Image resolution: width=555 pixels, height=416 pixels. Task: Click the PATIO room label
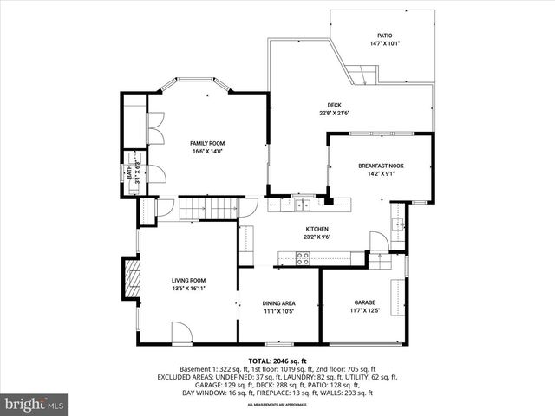[x=384, y=36]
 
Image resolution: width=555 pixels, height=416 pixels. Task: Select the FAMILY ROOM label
[x=207, y=143]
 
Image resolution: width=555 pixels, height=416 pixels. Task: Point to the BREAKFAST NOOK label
[x=382, y=166]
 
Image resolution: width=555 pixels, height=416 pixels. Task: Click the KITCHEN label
[x=291, y=229]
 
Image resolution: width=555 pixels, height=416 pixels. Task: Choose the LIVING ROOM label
[x=188, y=280]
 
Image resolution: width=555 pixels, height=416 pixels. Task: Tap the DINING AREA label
[x=278, y=302]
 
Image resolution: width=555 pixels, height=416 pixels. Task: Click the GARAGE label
[x=363, y=302]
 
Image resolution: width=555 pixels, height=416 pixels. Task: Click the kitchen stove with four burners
[x=303, y=257]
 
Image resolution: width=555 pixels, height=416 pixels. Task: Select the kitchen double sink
[x=301, y=205]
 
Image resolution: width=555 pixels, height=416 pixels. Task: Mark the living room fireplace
[x=130, y=280]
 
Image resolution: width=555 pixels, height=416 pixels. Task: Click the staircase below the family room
[x=208, y=209]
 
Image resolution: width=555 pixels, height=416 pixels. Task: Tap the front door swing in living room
[x=181, y=332]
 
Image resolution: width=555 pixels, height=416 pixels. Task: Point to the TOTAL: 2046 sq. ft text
[x=277, y=361]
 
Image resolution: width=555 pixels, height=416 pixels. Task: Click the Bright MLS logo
[x=35, y=404]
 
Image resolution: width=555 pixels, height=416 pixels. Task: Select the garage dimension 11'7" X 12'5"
[x=364, y=310]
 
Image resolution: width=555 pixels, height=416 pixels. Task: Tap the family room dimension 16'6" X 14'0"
[x=207, y=151]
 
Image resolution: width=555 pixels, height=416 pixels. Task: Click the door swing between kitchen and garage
[x=378, y=240]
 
